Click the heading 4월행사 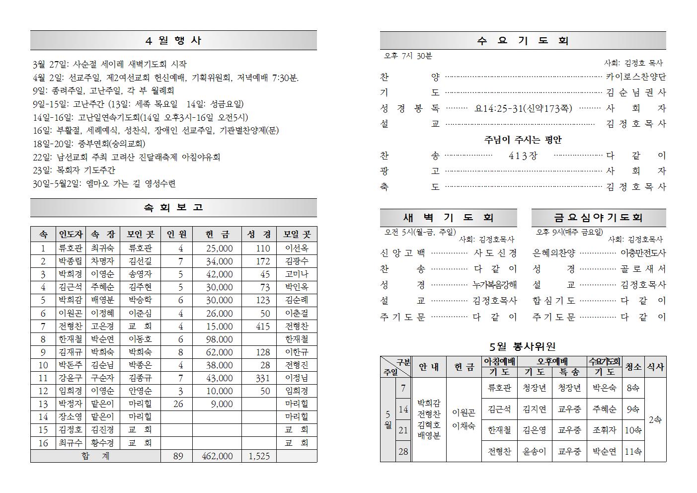point(173,41)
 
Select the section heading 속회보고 point(173,208)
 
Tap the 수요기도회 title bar point(523,41)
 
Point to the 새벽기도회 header point(448,218)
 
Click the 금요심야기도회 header point(598,218)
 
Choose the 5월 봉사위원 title point(523,346)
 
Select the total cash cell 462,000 point(217,456)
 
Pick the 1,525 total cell point(258,456)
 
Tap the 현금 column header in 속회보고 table point(217,235)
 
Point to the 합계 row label point(95,456)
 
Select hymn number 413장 point(523,156)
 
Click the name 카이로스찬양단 point(636,77)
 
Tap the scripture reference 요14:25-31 point(523,108)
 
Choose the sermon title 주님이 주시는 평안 point(523,140)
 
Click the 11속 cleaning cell point(633,451)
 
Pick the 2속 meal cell point(655,420)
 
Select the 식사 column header point(655,367)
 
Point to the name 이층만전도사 point(643,253)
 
